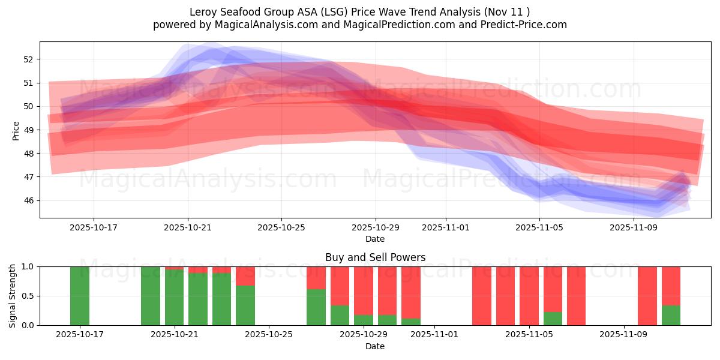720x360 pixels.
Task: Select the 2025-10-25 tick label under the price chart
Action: (281, 228)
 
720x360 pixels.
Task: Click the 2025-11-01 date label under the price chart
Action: (445, 228)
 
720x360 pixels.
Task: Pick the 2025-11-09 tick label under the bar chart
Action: (625, 335)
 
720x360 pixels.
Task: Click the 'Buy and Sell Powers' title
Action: (375, 257)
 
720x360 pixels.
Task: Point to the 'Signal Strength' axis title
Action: (13, 295)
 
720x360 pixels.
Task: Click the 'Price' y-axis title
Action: (16, 130)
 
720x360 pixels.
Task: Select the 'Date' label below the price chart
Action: (375, 239)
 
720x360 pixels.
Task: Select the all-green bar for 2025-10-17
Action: (80, 296)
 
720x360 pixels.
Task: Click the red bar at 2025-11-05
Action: (529, 296)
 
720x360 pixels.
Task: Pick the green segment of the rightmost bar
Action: (671, 316)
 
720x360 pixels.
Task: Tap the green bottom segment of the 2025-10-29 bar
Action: (364, 320)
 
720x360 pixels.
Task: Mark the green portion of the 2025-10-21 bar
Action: (175, 298)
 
